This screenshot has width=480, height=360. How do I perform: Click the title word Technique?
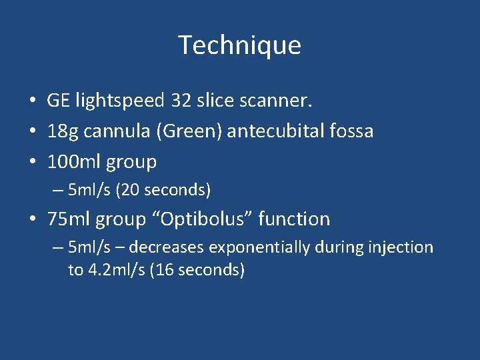[x=240, y=45]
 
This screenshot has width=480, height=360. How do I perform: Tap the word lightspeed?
[x=120, y=101]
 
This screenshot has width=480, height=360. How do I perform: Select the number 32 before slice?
[x=181, y=101]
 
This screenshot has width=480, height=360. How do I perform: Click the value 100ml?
[x=71, y=161]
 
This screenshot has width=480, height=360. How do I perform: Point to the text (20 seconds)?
[x=163, y=191]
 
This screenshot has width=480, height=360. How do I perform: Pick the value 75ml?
[x=69, y=219]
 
